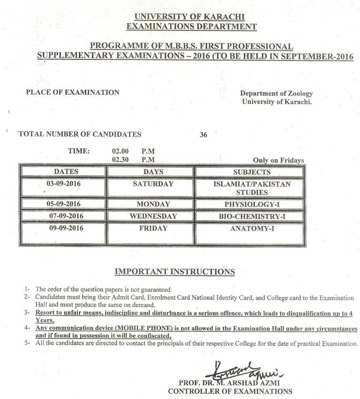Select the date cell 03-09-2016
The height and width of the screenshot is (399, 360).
click(63, 184)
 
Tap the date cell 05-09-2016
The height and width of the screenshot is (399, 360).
click(63, 204)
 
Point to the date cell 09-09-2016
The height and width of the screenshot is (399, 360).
click(63, 229)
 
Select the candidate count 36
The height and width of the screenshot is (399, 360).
click(203, 135)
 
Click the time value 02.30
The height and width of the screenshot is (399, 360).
click(120, 159)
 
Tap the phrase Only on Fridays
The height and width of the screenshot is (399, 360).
click(278, 160)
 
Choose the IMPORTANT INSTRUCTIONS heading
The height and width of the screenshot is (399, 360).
click(175, 272)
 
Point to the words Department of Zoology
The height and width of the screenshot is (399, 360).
click(276, 94)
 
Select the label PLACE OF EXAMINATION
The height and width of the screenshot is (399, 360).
click(73, 92)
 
